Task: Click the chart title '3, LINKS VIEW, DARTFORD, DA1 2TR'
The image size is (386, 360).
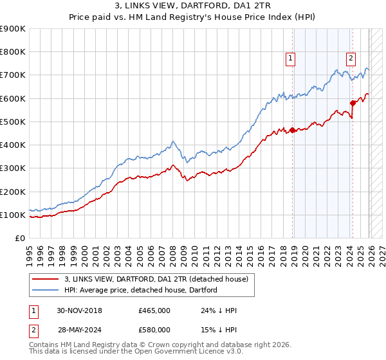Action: pyautogui.click(x=193, y=7)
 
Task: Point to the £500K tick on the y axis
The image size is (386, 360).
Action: pyautogui.click(x=13, y=122)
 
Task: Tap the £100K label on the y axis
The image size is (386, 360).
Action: pyautogui.click(x=13, y=215)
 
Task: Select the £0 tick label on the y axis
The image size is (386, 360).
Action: pyautogui.click(x=19, y=238)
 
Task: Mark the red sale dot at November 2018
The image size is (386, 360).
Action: pyautogui.click(x=292, y=130)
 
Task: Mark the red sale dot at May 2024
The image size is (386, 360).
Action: pyautogui.click(x=353, y=103)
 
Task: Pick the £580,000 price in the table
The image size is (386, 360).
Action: pyautogui.click(x=154, y=330)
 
